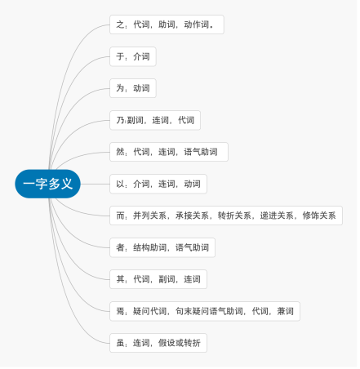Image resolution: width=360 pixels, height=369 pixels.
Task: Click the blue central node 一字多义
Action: click(x=47, y=184)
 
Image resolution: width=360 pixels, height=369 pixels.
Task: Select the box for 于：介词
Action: click(x=133, y=56)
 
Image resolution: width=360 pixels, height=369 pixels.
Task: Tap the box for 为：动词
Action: click(x=133, y=88)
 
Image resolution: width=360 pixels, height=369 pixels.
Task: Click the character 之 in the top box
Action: click(x=120, y=24)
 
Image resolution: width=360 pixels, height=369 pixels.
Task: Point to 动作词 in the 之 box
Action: click(x=196, y=24)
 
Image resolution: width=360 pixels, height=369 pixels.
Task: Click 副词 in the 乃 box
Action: click(x=135, y=120)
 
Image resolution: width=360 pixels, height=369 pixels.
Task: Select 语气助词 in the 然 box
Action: click(x=201, y=152)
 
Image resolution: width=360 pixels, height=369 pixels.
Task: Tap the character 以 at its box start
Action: click(x=120, y=184)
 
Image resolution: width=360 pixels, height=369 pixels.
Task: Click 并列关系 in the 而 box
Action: click(x=149, y=216)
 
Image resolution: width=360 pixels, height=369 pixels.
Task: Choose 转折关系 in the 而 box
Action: click(x=234, y=216)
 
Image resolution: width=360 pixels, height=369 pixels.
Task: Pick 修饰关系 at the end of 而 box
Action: click(x=319, y=216)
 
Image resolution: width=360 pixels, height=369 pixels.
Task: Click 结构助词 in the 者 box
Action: click(x=149, y=247)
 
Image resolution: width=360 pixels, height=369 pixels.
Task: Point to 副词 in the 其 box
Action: click(x=167, y=279)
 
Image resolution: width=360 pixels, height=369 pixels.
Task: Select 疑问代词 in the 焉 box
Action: click(x=149, y=311)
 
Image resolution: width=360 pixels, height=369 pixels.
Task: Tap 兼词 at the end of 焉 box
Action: click(x=285, y=311)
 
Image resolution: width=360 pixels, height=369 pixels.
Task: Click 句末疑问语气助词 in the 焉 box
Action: click(x=209, y=311)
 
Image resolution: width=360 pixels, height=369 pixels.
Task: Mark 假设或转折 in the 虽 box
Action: click(x=180, y=343)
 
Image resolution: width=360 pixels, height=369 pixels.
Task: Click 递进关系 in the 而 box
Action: click(x=277, y=216)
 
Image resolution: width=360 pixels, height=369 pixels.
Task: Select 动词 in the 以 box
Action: click(x=192, y=184)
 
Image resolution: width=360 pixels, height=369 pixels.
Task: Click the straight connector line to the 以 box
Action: click(x=96, y=184)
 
